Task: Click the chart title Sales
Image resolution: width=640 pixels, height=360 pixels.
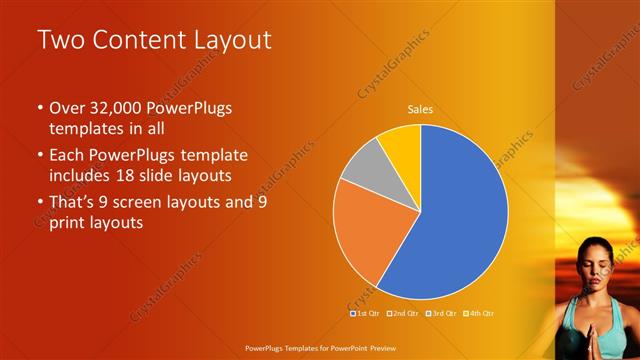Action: point(420,110)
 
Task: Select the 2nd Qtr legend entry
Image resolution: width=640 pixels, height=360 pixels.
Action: point(402,313)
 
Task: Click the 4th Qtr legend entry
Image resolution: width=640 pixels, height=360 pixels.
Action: point(479,313)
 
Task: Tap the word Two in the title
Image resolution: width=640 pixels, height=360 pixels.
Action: point(58,40)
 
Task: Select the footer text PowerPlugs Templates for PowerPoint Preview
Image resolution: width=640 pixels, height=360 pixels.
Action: point(319,349)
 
